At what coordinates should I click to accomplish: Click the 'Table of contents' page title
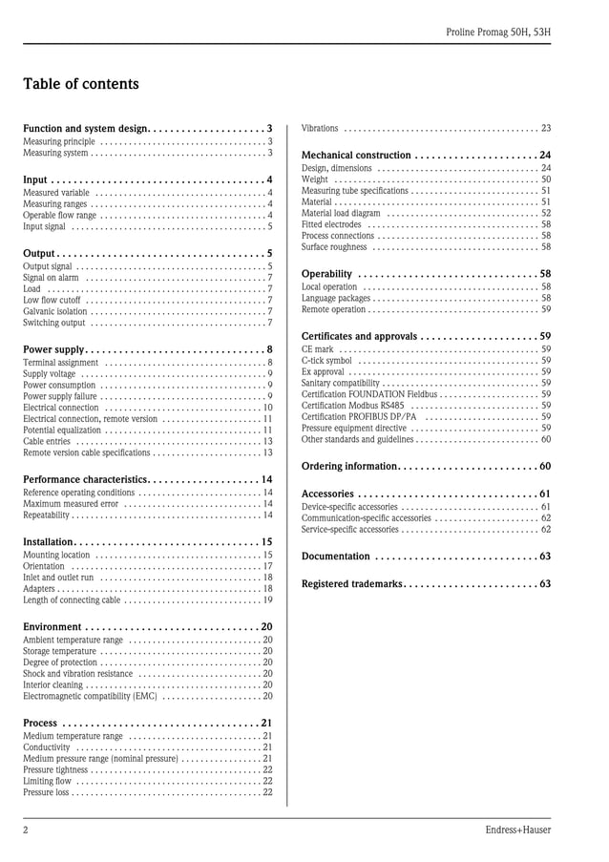point(81,84)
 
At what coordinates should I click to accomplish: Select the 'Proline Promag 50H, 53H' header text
point(498,32)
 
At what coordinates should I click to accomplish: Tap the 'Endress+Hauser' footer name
point(517,830)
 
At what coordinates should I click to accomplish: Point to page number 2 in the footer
point(26,830)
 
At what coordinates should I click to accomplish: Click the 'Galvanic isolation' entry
point(55,311)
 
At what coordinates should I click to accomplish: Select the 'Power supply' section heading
point(54,349)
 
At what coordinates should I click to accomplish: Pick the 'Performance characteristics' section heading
point(86,479)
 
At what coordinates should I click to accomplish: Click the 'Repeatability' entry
point(47,515)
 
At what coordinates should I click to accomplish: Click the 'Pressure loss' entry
point(47,792)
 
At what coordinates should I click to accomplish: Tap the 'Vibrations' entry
point(320,128)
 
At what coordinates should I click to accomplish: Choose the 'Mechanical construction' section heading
point(356,155)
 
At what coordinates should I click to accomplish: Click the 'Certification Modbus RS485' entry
point(352,405)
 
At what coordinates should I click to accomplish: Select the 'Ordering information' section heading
point(348,466)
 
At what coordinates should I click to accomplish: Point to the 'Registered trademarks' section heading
point(352,583)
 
